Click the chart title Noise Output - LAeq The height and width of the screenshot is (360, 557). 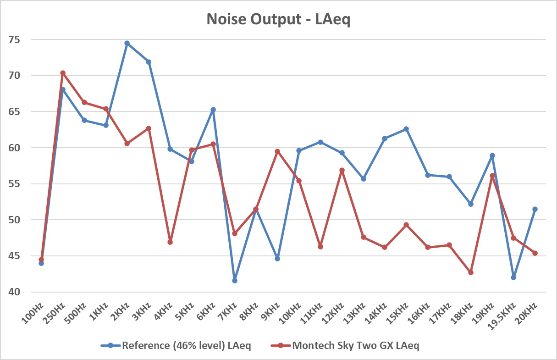click(x=278, y=19)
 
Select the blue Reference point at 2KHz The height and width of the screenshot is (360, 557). click(x=127, y=43)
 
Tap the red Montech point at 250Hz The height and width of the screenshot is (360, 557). click(x=63, y=73)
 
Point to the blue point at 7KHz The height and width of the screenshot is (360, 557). click(x=235, y=280)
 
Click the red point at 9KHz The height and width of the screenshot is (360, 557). click(x=277, y=151)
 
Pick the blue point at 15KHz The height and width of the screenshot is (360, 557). click(x=406, y=129)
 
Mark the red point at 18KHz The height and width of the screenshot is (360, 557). click(x=470, y=272)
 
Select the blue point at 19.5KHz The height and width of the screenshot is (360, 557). click(x=513, y=277)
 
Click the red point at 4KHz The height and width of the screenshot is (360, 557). click(x=170, y=242)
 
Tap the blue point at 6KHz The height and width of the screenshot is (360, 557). click(x=213, y=110)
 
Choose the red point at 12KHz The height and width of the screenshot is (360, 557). click(x=342, y=170)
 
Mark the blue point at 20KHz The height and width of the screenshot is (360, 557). click(x=535, y=209)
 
